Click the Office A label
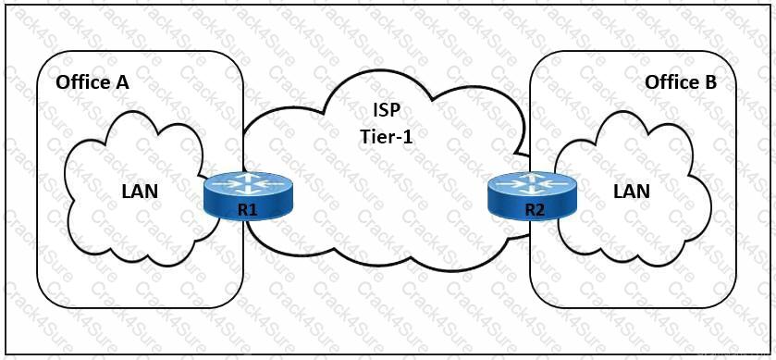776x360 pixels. click(92, 82)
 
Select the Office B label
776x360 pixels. click(681, 82)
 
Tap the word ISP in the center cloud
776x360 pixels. click(382, 110)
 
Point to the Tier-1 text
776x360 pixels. click(382, 135)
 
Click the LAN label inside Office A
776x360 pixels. click(140, 192)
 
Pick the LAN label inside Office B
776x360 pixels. click(632, 192)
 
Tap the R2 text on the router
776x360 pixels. click(534, 210)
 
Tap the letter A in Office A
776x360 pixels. click(121, 82)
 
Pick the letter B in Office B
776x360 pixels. click(709, 82)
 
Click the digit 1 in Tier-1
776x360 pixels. click(404, 135)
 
